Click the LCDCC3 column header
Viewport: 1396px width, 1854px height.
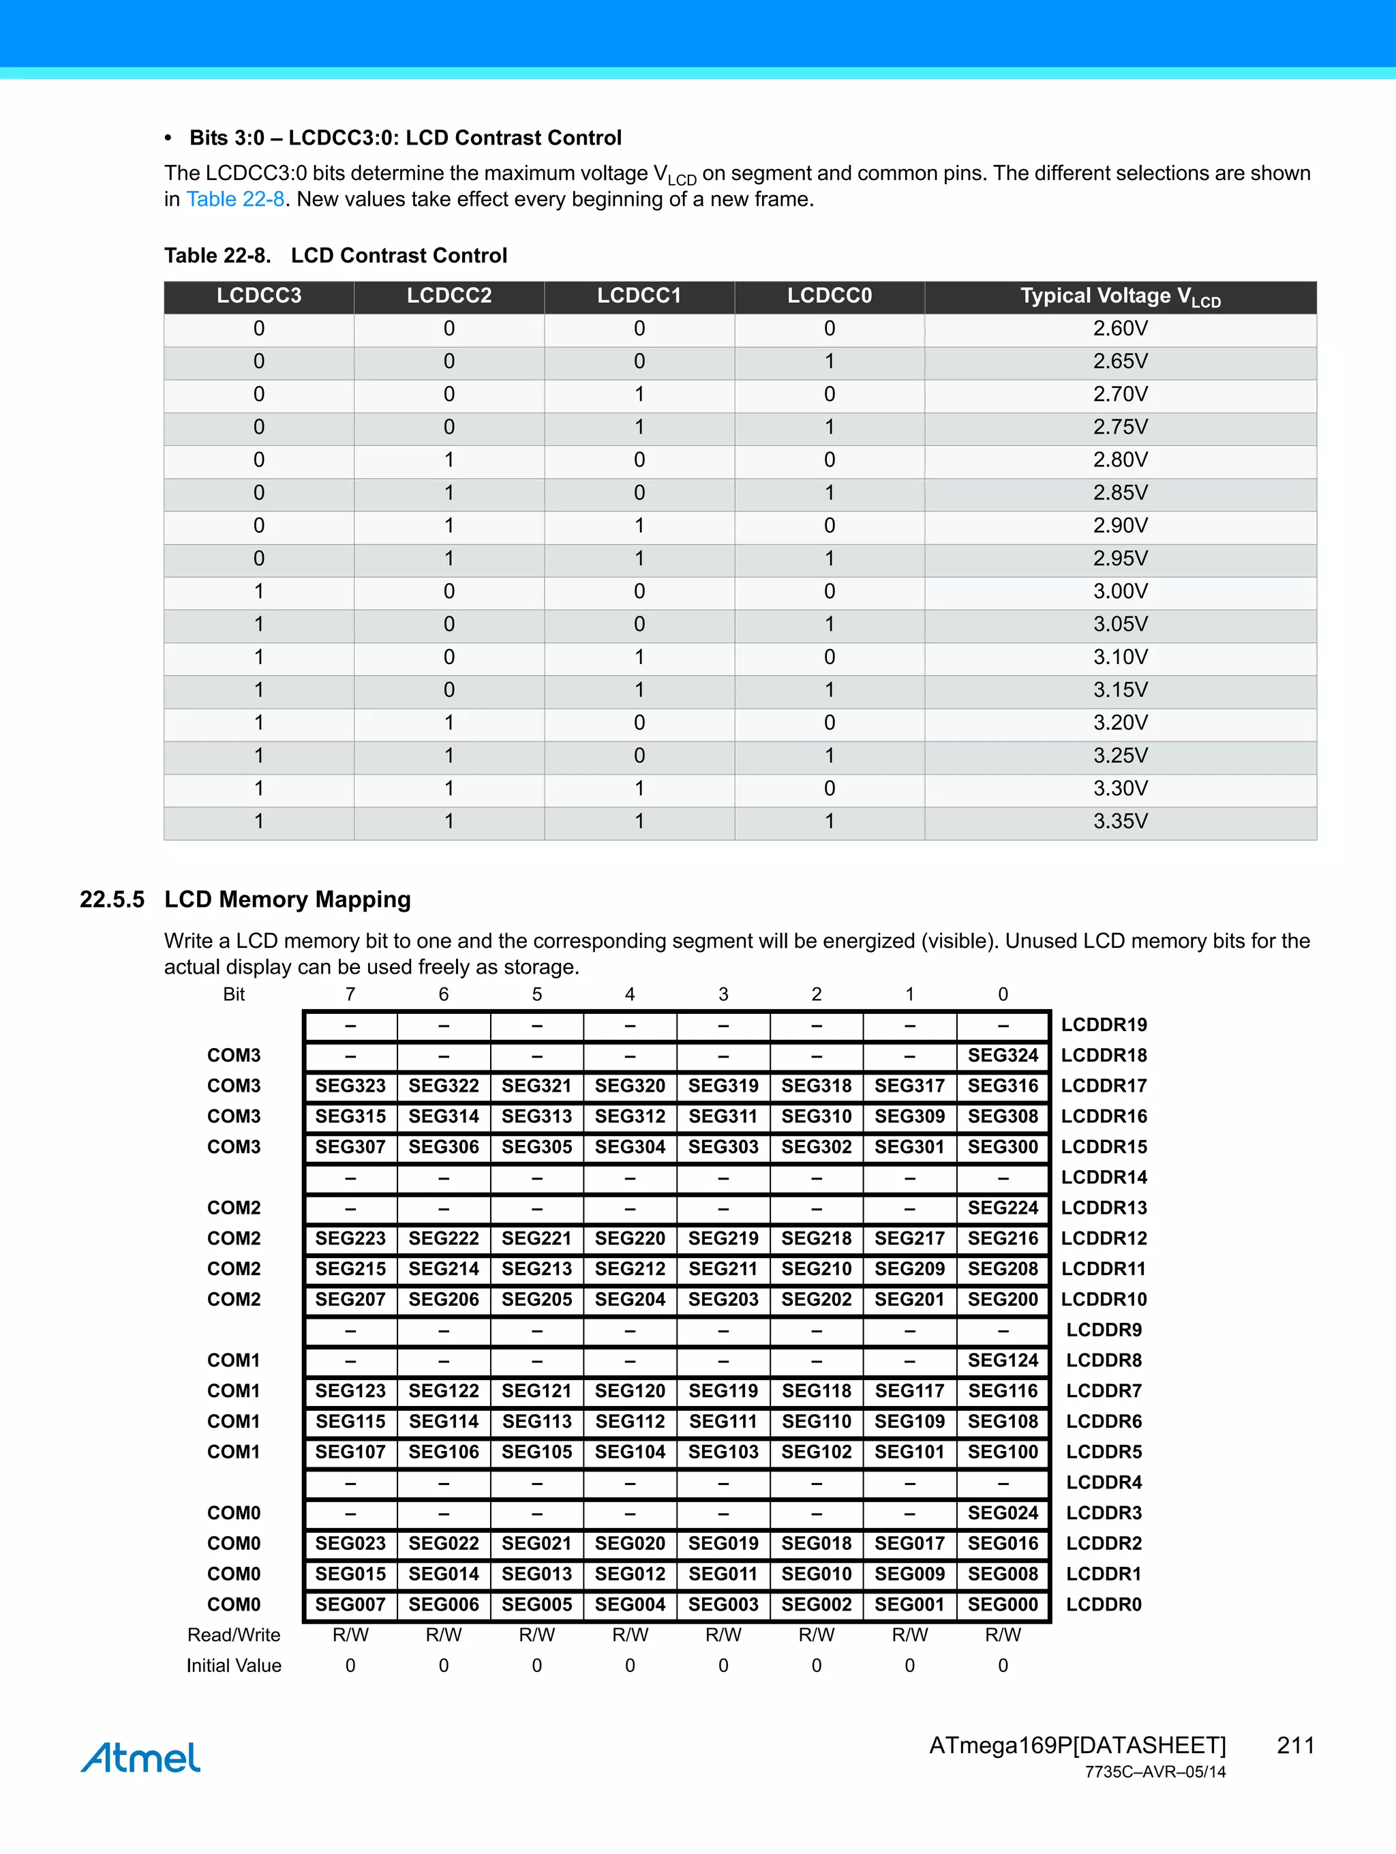click(259, 296)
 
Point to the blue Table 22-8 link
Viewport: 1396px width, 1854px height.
click(235, 200)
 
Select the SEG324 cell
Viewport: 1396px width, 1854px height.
click(1002, 1056)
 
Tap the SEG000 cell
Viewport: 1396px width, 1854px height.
click(1002, 1604)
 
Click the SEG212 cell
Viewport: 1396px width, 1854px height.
click(630, 1269)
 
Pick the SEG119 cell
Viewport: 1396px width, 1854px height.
click(723, 1391)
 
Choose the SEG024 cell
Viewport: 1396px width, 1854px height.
click(1002, 1513)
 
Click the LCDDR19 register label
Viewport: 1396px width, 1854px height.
click(1104, 1025)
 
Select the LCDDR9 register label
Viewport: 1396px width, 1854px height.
click(1104, 1330)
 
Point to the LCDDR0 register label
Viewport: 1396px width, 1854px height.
click(1104, 1604)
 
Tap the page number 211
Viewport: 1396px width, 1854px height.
click(1294, 1745)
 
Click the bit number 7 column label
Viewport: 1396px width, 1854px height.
click(350, 994)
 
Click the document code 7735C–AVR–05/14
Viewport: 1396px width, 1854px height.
click(1155, 1772)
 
